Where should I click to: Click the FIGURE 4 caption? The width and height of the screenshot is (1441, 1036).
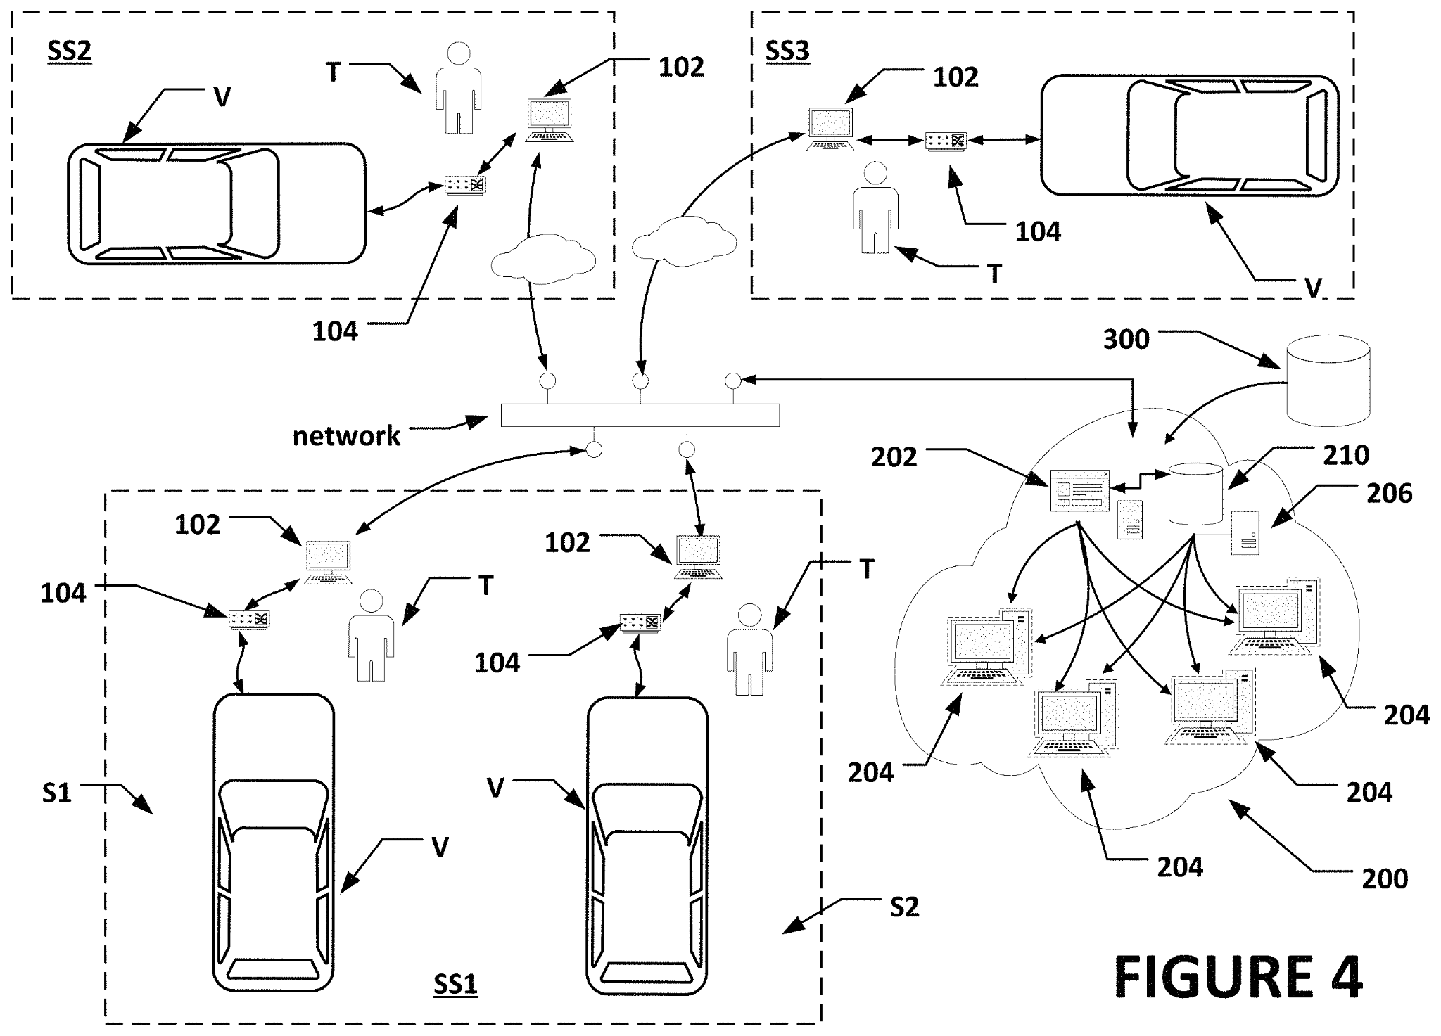1238,978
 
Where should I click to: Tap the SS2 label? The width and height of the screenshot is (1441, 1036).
69,51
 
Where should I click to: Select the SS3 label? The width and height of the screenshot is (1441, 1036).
787,51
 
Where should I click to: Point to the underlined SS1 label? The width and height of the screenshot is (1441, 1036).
455,984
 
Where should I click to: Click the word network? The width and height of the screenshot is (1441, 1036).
346,436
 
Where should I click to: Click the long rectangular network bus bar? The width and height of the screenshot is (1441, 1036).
640,415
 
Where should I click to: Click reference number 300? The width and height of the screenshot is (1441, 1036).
1126,339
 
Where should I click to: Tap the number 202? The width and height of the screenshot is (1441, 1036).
894,457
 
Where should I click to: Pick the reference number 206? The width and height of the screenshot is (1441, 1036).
1389,493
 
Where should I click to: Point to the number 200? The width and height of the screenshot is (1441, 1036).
1385,878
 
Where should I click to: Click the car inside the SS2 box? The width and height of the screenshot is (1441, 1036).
216,203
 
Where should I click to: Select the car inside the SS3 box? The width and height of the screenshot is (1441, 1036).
1189,135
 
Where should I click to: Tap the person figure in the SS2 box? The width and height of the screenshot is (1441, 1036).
458,88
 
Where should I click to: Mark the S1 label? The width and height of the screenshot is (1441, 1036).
56,793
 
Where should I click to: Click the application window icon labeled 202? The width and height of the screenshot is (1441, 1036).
1079,490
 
